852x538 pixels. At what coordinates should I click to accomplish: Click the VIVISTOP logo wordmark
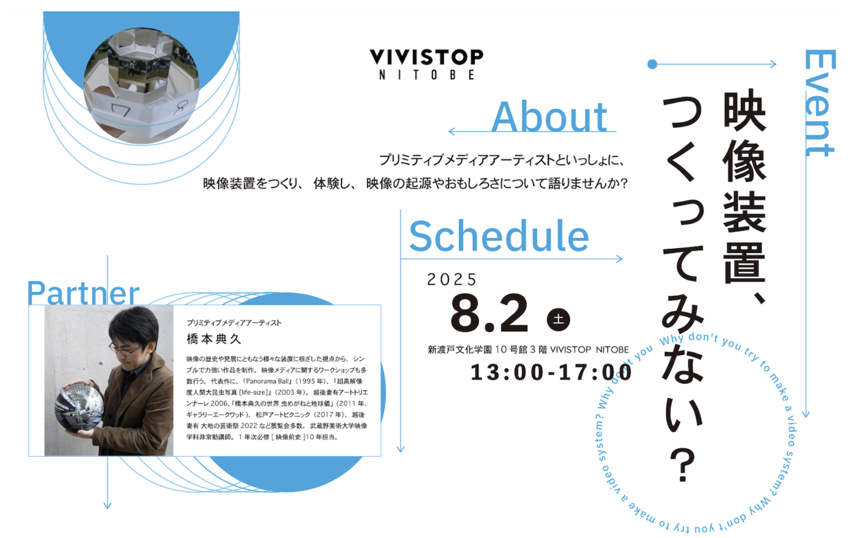(427, 56)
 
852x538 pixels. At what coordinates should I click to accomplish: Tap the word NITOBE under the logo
(427, 75)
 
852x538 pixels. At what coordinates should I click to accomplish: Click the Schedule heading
(499, 236)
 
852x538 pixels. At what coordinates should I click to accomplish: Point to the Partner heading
(83, 293)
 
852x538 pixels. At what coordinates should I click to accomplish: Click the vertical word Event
(819, 103)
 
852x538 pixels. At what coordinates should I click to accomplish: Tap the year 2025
(451, 279)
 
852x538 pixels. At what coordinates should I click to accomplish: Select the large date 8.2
(489, 314)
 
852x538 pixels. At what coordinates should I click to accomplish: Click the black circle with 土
(559, 319)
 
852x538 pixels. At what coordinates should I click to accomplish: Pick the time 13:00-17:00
(551, 372)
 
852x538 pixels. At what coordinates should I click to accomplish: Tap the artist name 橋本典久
(214, 339)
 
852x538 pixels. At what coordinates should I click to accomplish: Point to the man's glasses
(126, 348)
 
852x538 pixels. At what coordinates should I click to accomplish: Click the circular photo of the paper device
(141, 86)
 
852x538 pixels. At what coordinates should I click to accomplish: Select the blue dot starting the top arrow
(652, 64)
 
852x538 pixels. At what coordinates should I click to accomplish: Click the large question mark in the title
(683, 465)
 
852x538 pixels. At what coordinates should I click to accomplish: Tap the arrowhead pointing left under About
(452, 131)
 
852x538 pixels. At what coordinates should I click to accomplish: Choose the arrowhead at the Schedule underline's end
(619, 259)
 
